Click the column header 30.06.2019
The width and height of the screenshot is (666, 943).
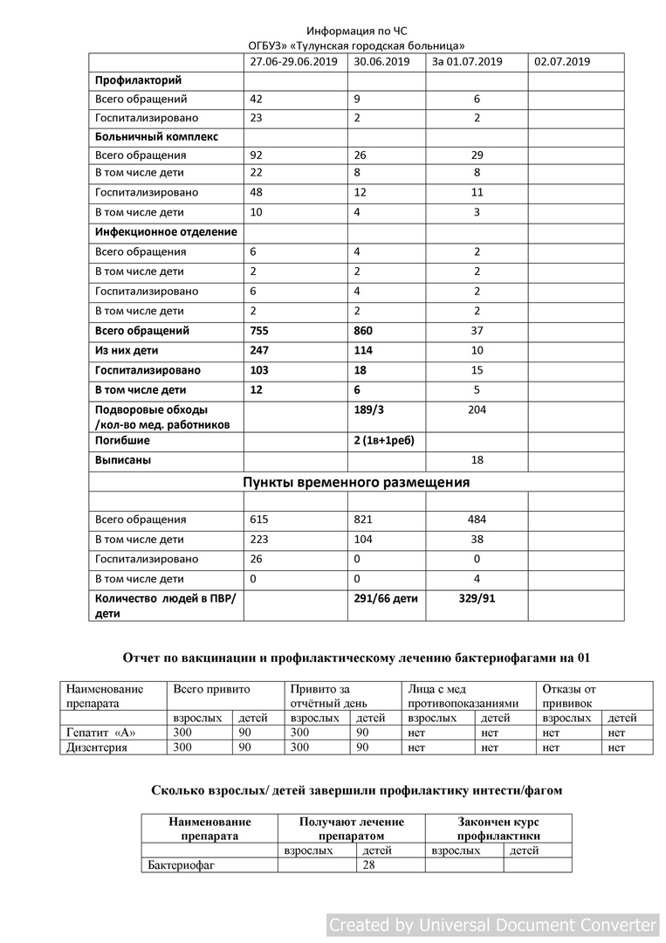tap(381, 62)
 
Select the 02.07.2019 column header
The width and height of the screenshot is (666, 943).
tap(562, 62)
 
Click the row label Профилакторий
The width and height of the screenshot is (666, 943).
tap(138, 80)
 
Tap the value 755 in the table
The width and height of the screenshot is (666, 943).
tap(261, 331)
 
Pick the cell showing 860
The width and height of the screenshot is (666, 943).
tap(365, 331)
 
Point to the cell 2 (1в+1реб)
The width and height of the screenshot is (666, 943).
tap(383, 441)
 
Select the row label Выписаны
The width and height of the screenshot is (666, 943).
tap(124, 460)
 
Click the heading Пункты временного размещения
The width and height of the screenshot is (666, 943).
tap(356, 482)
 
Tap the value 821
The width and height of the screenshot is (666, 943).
tap(363, 520)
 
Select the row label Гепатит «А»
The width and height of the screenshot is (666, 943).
tap(101, 733)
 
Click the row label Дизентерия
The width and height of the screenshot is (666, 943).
tap(97, 747)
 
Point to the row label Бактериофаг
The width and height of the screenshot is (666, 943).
tap(182, 865)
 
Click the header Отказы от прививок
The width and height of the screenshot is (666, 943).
tap(568, 695)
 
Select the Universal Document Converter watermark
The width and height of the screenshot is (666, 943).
tap(493, 925)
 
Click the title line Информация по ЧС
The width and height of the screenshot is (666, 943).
tap(357, 31)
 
